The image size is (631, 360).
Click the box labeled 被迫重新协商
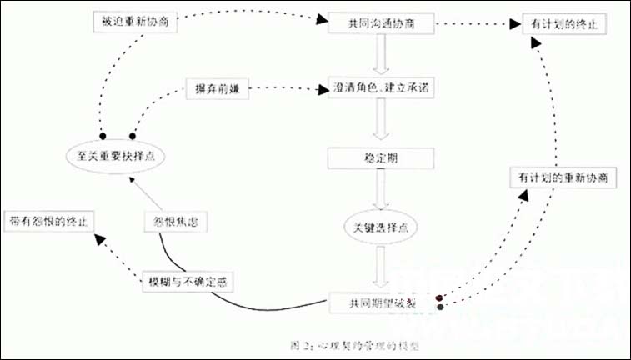tap(134, 22)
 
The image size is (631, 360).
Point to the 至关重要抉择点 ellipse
tap(116, 155)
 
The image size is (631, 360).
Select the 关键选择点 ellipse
tap(381, 225)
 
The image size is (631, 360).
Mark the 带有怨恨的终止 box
tap(50, 222)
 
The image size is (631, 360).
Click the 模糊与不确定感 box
tap(185, 281)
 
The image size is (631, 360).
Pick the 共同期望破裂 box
tap(383, 302)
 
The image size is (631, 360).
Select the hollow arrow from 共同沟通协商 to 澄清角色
tap(381, 55)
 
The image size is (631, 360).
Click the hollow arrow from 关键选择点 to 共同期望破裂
tap(381, 265)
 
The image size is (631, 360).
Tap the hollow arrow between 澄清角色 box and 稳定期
tap(381, 122)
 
